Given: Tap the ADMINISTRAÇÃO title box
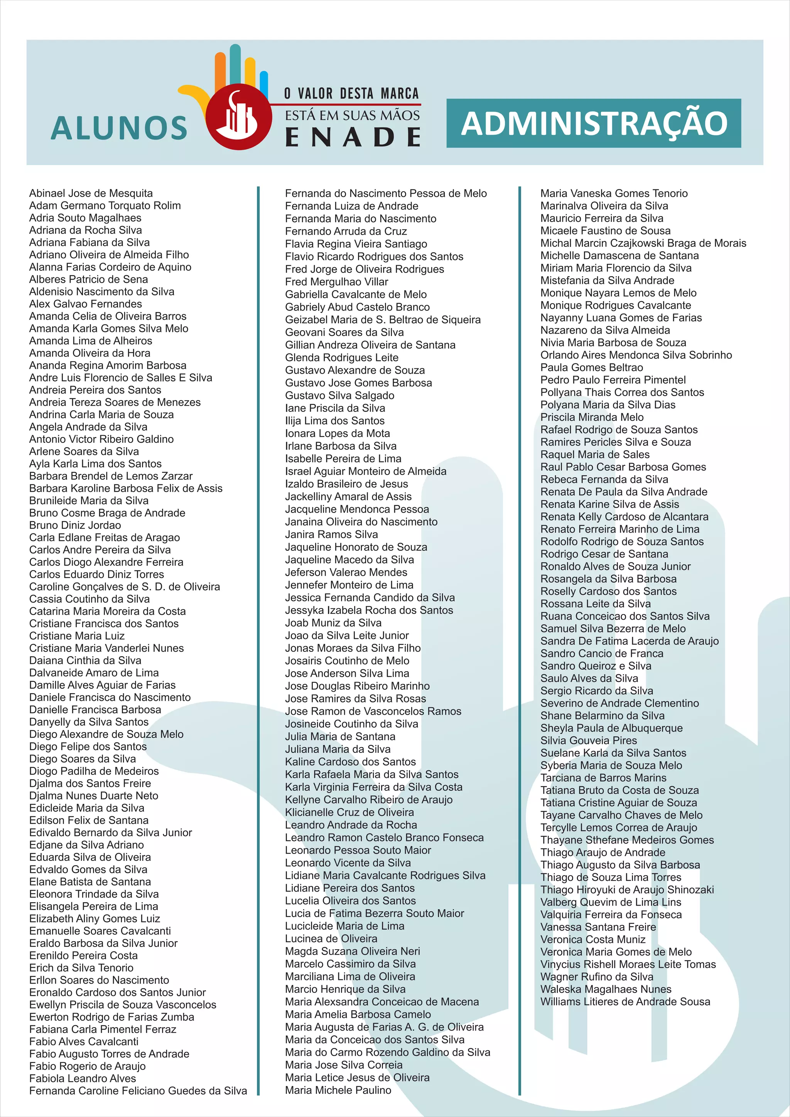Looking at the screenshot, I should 594,123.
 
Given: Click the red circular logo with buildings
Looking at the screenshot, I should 238,117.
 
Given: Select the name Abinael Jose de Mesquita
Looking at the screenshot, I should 91,193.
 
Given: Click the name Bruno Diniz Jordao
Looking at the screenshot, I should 75,525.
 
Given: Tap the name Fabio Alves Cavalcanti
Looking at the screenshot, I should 84,1041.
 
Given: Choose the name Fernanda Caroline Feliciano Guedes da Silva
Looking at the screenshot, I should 138,1090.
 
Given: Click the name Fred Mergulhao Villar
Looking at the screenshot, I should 337,282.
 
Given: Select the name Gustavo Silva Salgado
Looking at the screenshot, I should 339,395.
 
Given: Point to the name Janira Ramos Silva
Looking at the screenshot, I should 331,534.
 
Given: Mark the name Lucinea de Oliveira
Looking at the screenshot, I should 331,938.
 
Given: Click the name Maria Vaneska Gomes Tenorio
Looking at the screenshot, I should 614,193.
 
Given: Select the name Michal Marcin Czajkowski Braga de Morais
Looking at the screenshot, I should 643,243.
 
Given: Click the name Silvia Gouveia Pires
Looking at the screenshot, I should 589,741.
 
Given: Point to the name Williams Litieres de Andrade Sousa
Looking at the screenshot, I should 625,1002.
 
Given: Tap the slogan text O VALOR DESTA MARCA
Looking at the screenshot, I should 351,93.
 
